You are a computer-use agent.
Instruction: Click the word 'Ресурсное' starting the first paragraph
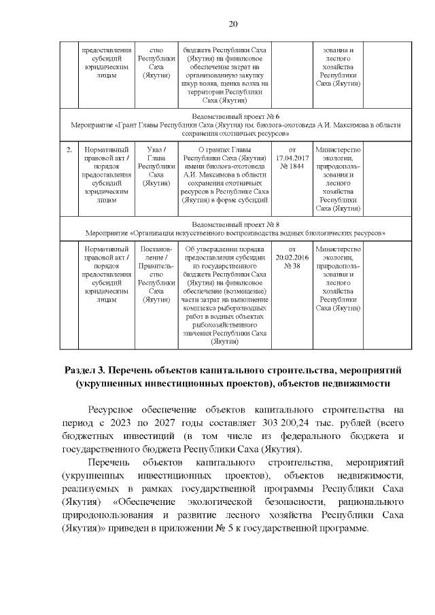point(116,410)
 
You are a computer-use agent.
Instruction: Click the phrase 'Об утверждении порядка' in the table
point(224,249)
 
